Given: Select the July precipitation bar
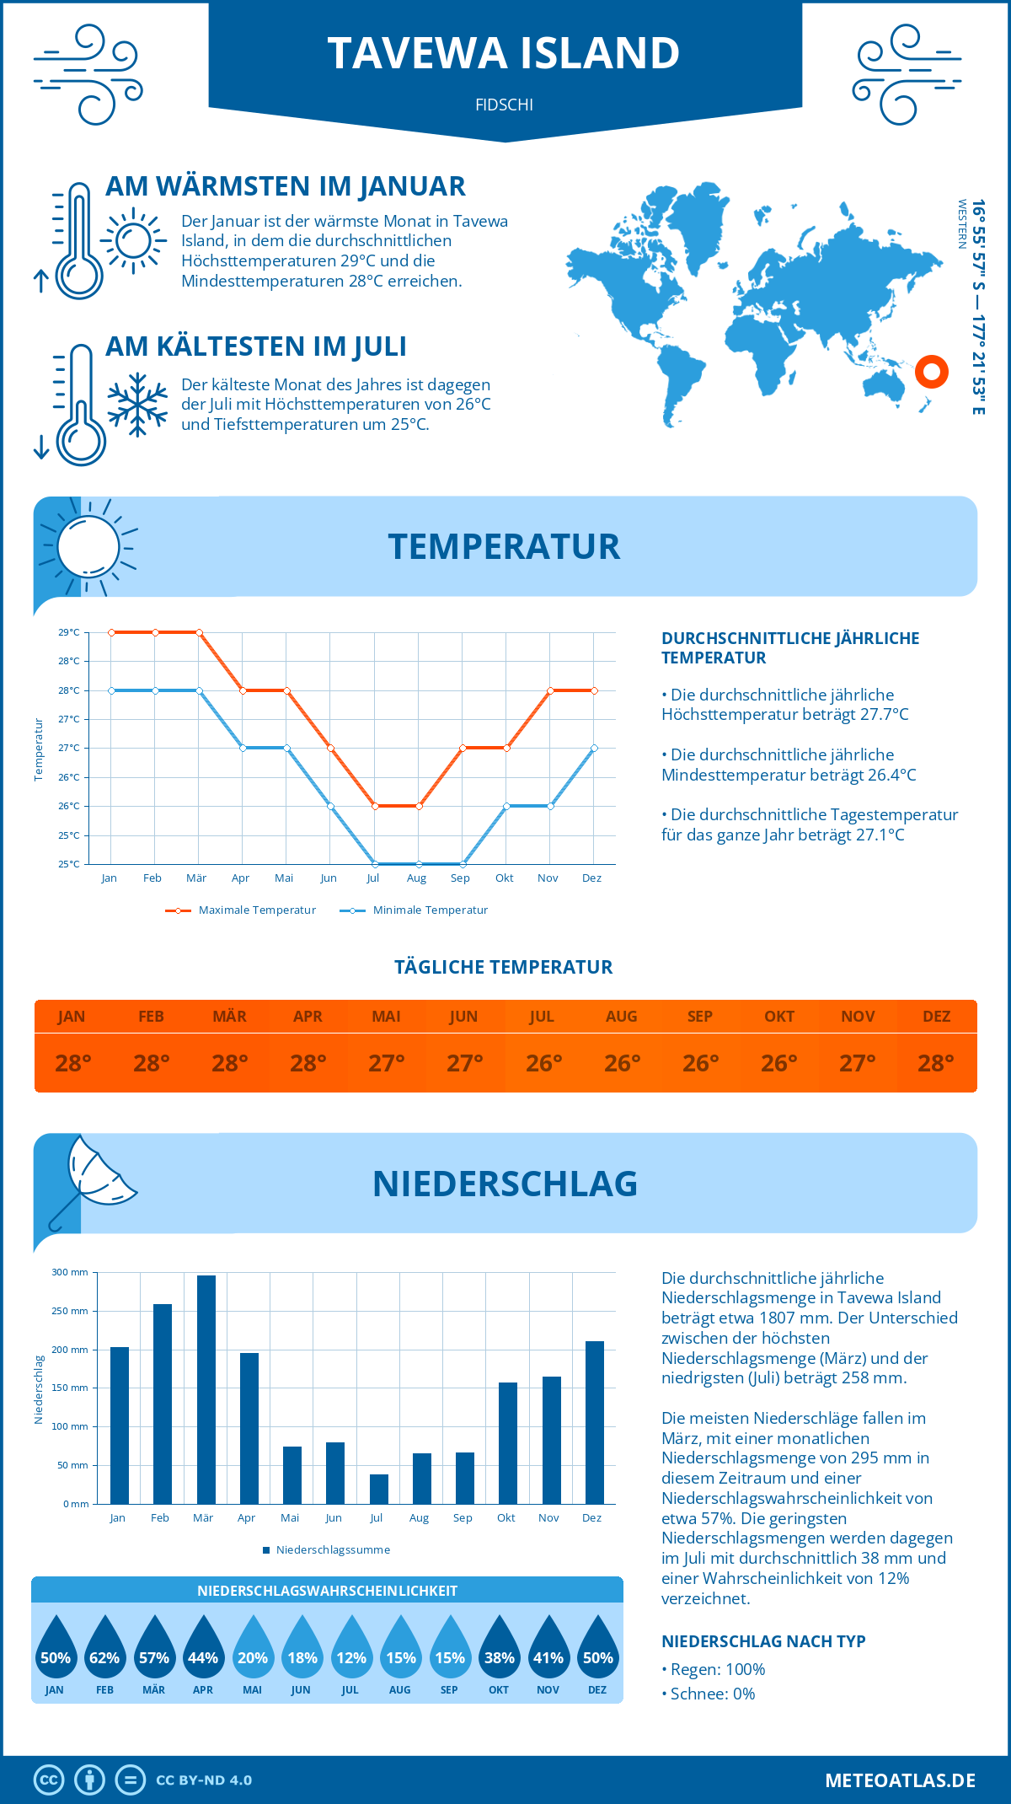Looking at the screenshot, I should click(379, 1489).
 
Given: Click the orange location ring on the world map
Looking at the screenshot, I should click(931, 371).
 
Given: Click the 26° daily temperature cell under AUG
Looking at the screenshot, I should click(622, 1063).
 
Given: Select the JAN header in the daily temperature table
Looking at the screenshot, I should click(72, 1017).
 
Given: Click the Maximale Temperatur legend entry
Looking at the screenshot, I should click(241, 910).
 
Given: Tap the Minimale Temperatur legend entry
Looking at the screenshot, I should click(415, 910).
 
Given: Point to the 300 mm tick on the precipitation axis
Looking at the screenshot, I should click(71, 1273).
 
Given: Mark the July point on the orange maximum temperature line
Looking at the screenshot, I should click(375, 806).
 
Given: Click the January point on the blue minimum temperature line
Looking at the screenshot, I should click(111, 690).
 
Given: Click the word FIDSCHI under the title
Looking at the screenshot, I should click(504, 105).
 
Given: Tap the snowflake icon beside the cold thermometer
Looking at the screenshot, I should click(137, 405).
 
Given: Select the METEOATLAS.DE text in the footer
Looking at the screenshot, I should click(900, 1780).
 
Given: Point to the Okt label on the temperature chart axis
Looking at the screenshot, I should click(504, 878).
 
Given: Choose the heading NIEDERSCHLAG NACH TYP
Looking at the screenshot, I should click(763, 1641).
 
